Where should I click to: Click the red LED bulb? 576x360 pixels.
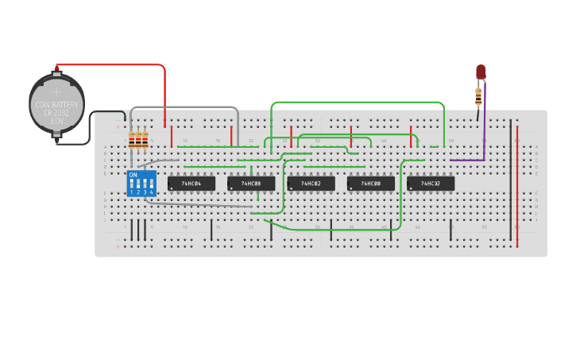click(x=481, y=72)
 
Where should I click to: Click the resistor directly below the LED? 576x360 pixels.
click(x=478, y=98)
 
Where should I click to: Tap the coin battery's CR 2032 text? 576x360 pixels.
click(x=57, y=113)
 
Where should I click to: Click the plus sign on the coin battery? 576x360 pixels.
click(x=56, y=91)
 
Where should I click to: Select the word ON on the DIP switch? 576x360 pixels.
click(x=133, y=174)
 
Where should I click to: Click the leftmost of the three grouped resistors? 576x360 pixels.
click(x=133, y=141)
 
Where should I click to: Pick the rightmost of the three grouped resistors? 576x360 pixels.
click(x=145, y=141)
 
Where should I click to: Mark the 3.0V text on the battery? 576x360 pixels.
click(x=56, y=122)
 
